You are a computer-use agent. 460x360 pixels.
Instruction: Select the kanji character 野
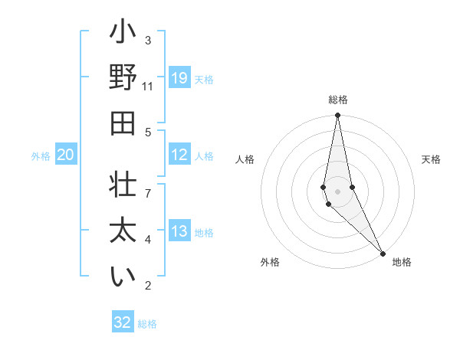123,78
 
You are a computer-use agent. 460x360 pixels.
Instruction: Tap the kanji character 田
123,123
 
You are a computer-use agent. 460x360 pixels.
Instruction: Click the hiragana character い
123,277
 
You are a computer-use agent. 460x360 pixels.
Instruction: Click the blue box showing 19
179,78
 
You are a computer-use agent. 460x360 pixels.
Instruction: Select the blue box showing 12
179,155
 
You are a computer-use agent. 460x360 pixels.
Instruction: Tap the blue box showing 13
179,231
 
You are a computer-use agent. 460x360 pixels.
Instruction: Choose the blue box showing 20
65,155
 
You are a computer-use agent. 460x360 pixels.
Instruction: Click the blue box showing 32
123,322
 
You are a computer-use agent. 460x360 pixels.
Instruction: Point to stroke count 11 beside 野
148,87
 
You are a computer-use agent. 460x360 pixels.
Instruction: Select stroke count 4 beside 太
148,240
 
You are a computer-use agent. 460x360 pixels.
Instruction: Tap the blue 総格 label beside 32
147,324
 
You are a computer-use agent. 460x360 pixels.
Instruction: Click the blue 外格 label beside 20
41,156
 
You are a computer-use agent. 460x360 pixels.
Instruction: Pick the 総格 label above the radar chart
337,100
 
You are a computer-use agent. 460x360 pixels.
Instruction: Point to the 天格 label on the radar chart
432,159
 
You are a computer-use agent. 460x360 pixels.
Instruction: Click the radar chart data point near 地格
383,252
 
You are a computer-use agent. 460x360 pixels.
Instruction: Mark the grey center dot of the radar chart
337,191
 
